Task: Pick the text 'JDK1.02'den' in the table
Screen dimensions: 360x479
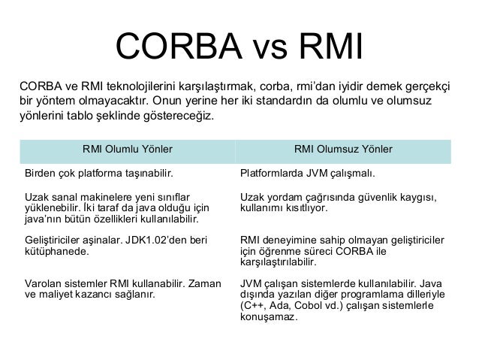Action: pyautogui.click(x=156, y=241)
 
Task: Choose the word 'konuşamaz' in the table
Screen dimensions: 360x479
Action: pyautogui.click(x=268, y=317)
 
